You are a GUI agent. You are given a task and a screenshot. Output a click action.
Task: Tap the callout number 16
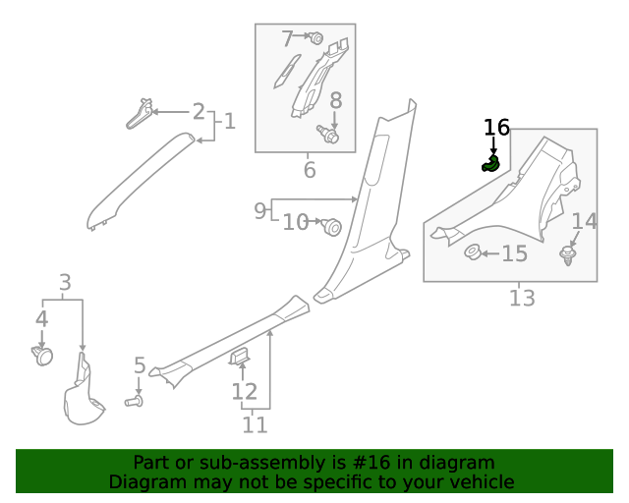496,128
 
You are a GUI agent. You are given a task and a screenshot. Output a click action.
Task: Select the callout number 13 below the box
522,298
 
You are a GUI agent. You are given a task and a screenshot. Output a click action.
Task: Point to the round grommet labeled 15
472,254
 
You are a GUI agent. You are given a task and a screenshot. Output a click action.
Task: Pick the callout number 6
309,171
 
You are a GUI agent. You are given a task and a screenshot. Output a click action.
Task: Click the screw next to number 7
316,39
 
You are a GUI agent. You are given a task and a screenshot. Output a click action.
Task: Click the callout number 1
229,122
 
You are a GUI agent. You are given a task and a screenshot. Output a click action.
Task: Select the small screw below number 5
135,401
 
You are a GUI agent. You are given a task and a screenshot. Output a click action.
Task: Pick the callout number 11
255,425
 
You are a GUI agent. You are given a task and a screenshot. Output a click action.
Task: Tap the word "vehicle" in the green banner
478,482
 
